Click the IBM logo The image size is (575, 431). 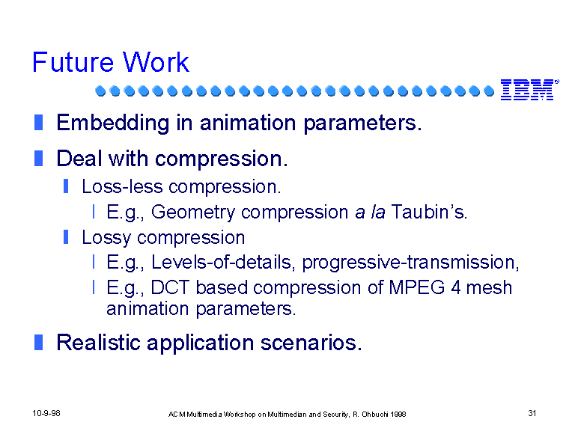click(x=529, y=90)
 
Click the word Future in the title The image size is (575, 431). click(x=73, y=62)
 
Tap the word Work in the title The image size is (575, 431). click(x=156, y=62)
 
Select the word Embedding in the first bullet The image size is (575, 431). click(x=113, y=123)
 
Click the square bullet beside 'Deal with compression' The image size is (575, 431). click(x=38, y=159)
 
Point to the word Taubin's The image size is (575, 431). click(x=430, y=212)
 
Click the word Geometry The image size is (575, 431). click(x=193, y=213)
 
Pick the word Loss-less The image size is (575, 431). click(x=122, y=186)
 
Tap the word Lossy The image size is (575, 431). click(x=106, y=238)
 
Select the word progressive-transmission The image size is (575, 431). click(x=411, y=263)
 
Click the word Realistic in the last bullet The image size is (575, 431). click(x=98, y=342)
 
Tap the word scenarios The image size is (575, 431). click(x=311, y=343)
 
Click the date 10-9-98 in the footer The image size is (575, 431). click(x=46, y=413)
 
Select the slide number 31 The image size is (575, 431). click(x=532, y=413)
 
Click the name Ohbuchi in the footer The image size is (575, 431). click(x=375, y=415)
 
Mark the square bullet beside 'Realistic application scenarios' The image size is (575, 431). click(x=38, y=342)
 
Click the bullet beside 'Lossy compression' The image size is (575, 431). click(x=66, y=236)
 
